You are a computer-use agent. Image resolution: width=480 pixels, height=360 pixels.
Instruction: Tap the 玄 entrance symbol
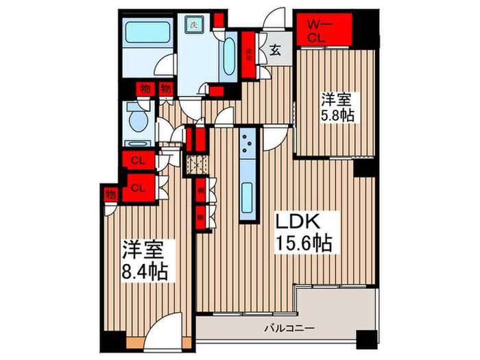[273, 49]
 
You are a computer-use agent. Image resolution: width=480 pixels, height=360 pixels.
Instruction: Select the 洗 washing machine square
[193, 21]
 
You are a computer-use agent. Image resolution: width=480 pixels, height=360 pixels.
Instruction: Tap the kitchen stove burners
[247, 143]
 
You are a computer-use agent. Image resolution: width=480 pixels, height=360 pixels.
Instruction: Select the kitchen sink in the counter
[247, 199]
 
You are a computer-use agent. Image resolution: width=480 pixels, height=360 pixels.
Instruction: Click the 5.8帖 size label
[337, 116]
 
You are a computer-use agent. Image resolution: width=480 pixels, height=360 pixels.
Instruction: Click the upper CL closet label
[137, 162]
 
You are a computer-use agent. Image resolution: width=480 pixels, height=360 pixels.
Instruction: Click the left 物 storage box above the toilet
[144, 88]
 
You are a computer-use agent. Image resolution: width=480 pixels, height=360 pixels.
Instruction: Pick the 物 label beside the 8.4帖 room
[110, 194]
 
